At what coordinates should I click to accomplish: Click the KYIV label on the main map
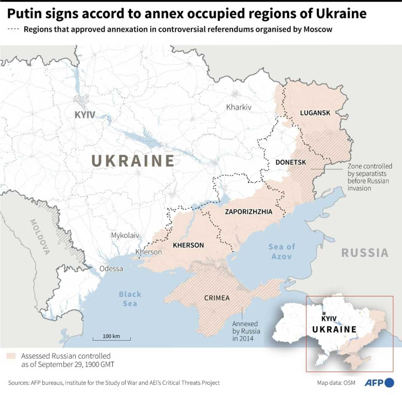(x=85, y=115)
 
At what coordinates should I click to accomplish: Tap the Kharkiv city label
(x=239, y=107)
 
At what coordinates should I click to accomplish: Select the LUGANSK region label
(x=315, y=113)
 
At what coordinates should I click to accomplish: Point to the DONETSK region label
(x=291, y=162)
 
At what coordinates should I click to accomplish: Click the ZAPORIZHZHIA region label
(x=248, y=212)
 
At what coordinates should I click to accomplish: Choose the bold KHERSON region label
(x=188, y=245)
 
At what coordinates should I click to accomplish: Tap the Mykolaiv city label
(x=125, y=236)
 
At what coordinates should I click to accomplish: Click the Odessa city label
(x=111, y=269)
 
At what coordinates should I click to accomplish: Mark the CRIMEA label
(x=217, y=298)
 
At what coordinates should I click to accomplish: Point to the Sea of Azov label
(x=282, y=251)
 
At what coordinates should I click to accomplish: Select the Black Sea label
(x=130, y=299)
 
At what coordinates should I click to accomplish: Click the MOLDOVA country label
(x=39, y=237)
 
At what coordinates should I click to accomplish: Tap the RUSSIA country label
(x=365, y=253)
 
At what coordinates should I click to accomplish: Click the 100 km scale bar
(x=111, y=338)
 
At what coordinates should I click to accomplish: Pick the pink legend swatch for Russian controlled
(x=11, y=356)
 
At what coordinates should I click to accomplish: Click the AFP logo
(x=379, y=383)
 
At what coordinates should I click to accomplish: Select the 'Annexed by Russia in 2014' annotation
(x=246, y=330)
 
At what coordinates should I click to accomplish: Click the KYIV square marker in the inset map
(x=324, y=313)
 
